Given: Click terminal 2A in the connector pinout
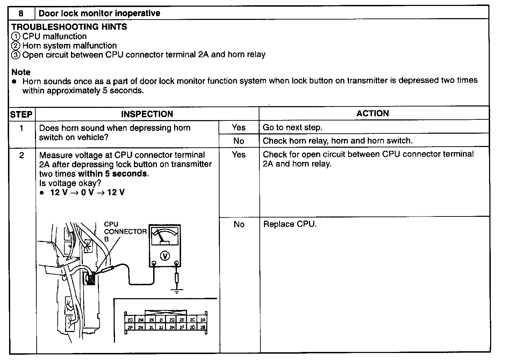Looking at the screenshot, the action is pyautogui.click(x=203, y=319).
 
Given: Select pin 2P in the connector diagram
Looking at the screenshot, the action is pyautogui.click(x=130, y=327).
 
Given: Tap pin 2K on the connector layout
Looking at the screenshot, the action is pyautogui.click(x=151, y=319).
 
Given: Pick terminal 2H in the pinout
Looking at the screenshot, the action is pyautogui.click(x=172, y=327).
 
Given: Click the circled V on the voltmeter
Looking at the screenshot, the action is pyautogui.click(x=165, y=256).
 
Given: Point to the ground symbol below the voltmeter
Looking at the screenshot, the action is pyautogui.click(x=177, y=291).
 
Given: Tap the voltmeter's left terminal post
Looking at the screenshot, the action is pyautogui.click(x=153, y=264).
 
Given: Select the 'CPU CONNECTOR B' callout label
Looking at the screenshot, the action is pyautogui.click(x=125, y=231).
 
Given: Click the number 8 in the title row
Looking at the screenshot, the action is pyautogui.click(x=21, y=14).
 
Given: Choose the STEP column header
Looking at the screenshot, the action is pyautogui.click(x=21, y=114).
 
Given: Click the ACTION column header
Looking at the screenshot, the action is pyautogui.click(x=373, y=113).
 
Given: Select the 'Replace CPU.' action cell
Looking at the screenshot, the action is pyautogui.click(x=289, y=224).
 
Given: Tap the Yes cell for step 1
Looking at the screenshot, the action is pyautogui.click(x=239, y=127).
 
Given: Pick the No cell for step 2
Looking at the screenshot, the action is pyautogui.click(x=239, y=224).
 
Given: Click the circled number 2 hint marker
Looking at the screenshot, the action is pyautogui.click(x=15, y=46).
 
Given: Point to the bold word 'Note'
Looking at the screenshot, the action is pyautogui.click(x=21, y=72).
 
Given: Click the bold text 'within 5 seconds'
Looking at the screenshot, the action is pyautogui.click(x=113, y=174).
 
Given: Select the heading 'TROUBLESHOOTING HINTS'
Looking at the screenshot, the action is pyautogui.click(x=69, y=27).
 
